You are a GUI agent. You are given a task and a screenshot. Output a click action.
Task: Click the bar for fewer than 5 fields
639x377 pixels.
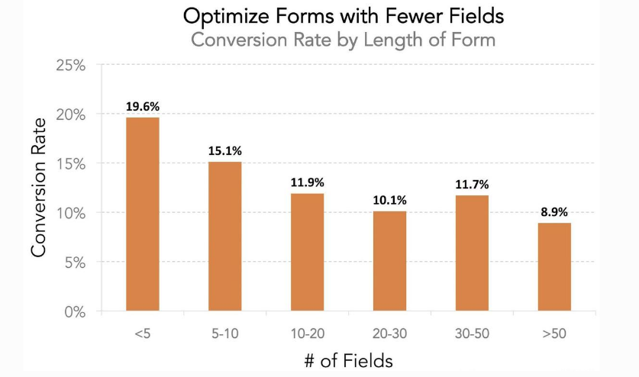[x=142, y=214]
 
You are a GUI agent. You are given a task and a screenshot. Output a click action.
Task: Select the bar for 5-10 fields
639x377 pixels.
[x=224, y=237]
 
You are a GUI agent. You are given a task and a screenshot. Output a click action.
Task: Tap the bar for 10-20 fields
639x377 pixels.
[x=307, y=253]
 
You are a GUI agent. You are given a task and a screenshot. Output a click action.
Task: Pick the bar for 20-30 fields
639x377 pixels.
[x=389, y=261]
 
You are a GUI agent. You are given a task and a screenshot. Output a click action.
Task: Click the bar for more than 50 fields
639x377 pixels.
[x=553, y=267]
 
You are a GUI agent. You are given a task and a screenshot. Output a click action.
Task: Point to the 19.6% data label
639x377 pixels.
[x=142, y=107]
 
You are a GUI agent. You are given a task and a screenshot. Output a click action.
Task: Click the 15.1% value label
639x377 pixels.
[x=224, y=151]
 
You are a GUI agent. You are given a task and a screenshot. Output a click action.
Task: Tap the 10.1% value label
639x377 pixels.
[x=389, y=200]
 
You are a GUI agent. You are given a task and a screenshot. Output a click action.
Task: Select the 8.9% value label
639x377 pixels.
[x=553, y=212]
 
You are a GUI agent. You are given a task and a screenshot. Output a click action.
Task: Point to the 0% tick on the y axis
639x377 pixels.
[x=75, y=311]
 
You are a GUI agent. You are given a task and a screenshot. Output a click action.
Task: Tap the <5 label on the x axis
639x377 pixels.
[x=142, y=334]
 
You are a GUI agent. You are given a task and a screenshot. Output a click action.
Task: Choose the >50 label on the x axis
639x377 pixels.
[x=553, y=334]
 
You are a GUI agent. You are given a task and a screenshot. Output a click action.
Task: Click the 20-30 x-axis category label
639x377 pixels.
[x=389, y=334]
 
